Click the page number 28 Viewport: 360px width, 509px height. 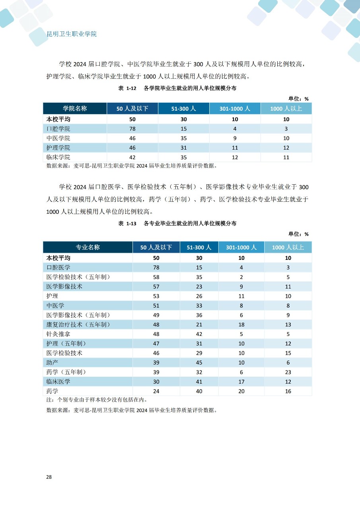click(x=49, y=476)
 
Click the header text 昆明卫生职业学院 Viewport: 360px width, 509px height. click(x=72, y=34)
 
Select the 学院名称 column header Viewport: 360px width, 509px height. click(x=75, y=109)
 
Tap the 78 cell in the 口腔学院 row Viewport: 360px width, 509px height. click(x=132, y=129)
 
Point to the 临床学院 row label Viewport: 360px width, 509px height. click(x=58, y=157)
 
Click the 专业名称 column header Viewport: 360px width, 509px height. click(x=88, y=247)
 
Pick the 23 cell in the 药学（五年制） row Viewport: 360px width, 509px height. click(x=288, y=372)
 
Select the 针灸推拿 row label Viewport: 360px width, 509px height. click(x=58, y=334)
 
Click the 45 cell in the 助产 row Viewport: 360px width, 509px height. click(x=199, y=363)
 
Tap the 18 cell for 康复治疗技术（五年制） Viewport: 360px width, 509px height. click(x=241, y=324)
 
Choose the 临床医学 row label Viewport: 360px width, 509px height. click(x=58, y=381)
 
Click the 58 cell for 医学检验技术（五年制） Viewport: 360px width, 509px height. click(x=156, y=277)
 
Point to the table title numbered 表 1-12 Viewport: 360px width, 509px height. click(x=177, y=88)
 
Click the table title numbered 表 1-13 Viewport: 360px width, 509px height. click(x=177, y=224)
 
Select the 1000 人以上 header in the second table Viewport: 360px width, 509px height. click(x=288, y=247)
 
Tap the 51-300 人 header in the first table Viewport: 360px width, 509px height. click(x=183, y=109)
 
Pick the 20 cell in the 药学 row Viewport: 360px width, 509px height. click(x=241, y=391)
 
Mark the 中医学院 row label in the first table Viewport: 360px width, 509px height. click(x=58, y=138)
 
